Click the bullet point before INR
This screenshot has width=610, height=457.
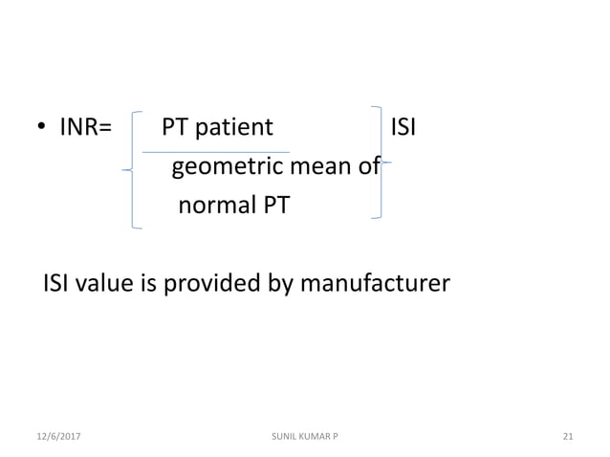click(42, 129)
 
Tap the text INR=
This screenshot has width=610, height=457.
click(86, 127)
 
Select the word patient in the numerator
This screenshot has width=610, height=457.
click(234, 127)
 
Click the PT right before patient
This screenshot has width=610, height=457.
click(175, 127)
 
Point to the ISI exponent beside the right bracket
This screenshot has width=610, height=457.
click(403, 127)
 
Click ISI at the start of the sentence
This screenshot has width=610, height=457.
click(58, 284)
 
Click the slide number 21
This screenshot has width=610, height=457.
click(568, 436)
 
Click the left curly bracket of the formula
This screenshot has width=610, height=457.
click(133, 168)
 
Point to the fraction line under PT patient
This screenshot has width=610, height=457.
click(215, 151)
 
